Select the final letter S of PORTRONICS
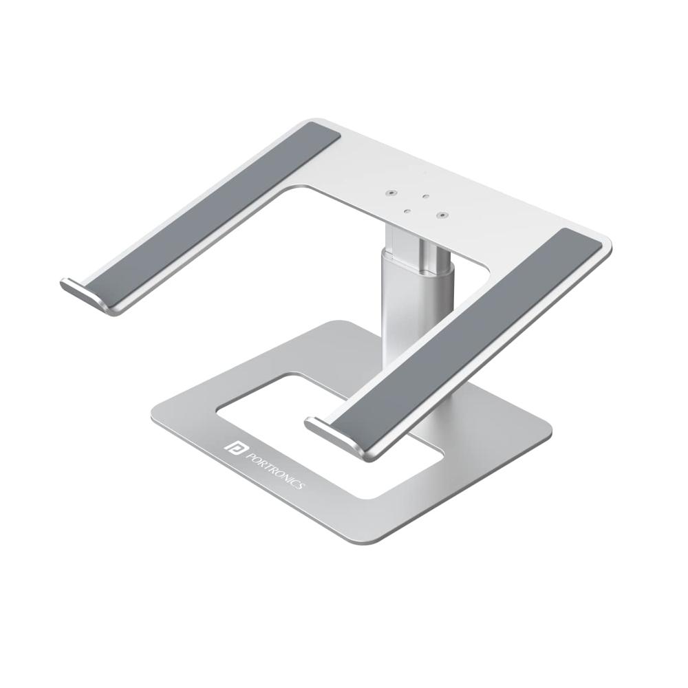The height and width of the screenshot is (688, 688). [x=300, y=487]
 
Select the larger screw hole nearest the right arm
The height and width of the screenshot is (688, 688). [x=440, y=215]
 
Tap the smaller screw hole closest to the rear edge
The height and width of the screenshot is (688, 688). [x=426, y=197]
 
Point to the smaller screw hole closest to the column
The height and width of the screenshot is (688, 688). [x=407, y=211]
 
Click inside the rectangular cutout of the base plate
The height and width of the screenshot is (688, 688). [x=275, y=406]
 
